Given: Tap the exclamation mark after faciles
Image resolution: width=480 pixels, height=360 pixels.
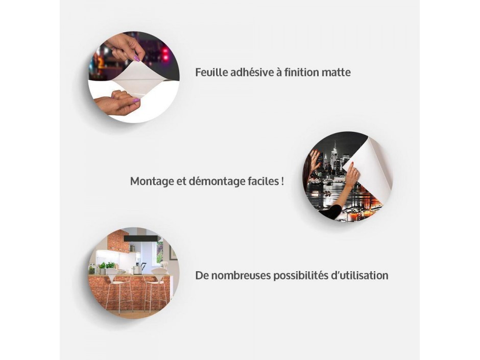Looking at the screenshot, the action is (x=281, y=181).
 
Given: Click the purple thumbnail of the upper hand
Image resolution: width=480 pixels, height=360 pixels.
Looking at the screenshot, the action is (x=137, y=59).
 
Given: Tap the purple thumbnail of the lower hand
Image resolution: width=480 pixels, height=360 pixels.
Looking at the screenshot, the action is (x=136, y=101).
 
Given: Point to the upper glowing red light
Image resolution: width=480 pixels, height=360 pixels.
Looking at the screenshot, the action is (x=165, y=50).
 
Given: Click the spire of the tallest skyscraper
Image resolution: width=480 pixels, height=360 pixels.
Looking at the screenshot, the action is (x=335, y=146).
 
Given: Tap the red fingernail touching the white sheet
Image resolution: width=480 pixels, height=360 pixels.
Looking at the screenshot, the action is (x=352, y=164).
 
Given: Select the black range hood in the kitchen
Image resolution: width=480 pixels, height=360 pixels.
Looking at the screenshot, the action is (x=142, y=238).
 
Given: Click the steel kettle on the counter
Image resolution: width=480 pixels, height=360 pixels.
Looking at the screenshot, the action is (x=137, y=269).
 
